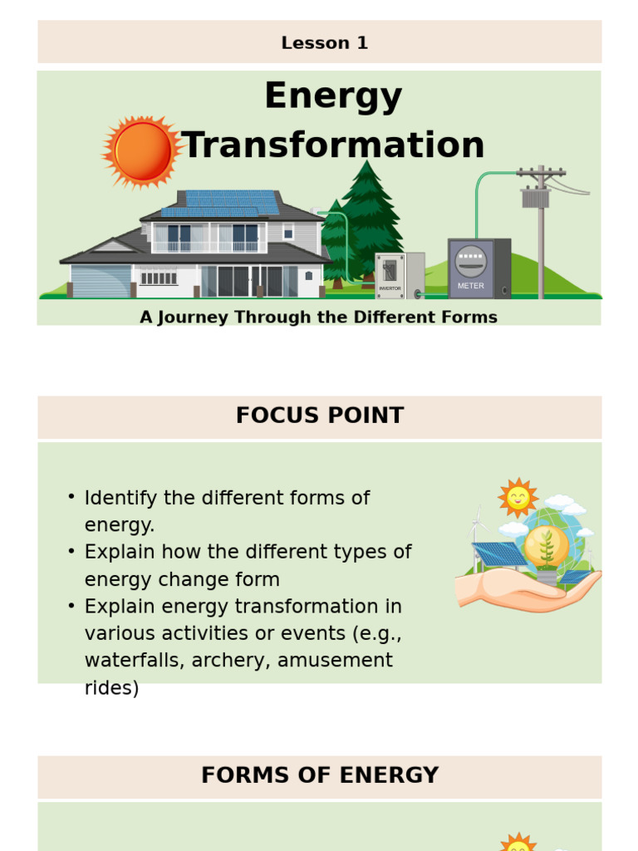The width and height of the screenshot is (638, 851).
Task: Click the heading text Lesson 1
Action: point(324,43)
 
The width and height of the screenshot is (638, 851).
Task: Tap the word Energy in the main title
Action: point(333,96)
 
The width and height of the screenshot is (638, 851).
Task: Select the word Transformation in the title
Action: point(333,145)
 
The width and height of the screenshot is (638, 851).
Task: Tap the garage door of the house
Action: point(101,281)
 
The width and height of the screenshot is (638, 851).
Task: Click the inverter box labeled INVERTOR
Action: point(390,274)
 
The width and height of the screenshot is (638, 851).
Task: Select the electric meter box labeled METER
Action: point(471,268)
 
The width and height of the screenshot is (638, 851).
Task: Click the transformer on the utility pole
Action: point(535,199)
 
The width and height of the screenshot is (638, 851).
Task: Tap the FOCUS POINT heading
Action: point(320,416)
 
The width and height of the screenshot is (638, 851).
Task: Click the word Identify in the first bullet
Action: point(120,498)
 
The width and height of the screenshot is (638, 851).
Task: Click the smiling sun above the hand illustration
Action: point(518,497)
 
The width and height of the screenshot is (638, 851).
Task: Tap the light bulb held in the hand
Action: point(546,548)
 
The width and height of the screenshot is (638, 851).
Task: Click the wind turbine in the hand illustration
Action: point(478,532)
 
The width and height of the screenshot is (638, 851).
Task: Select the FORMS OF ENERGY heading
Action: point(320,775)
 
